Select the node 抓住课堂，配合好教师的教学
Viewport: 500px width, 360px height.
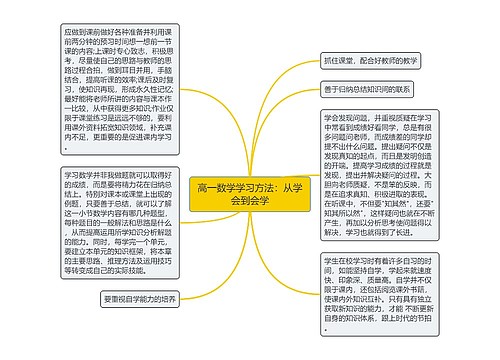click(371, 59)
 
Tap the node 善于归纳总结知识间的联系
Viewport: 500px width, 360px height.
click(371, 89)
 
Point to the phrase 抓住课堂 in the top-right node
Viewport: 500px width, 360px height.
click(341, 59)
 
